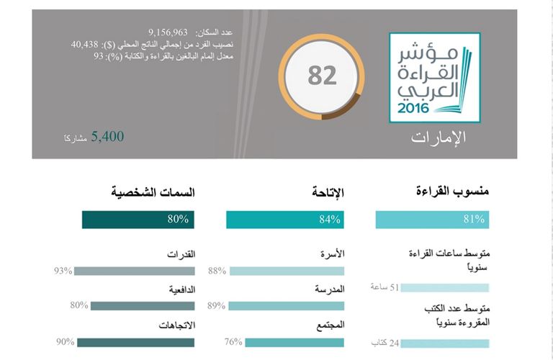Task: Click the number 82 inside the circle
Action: point(322,76)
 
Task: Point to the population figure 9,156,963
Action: point(168,32)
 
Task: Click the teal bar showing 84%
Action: point(285,220)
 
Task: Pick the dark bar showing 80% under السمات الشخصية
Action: point(138,220)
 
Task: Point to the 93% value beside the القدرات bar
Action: point(63,271)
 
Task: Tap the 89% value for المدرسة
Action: point(217,305)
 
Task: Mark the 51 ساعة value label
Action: point(384,287)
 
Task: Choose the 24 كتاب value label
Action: point(385,342)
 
